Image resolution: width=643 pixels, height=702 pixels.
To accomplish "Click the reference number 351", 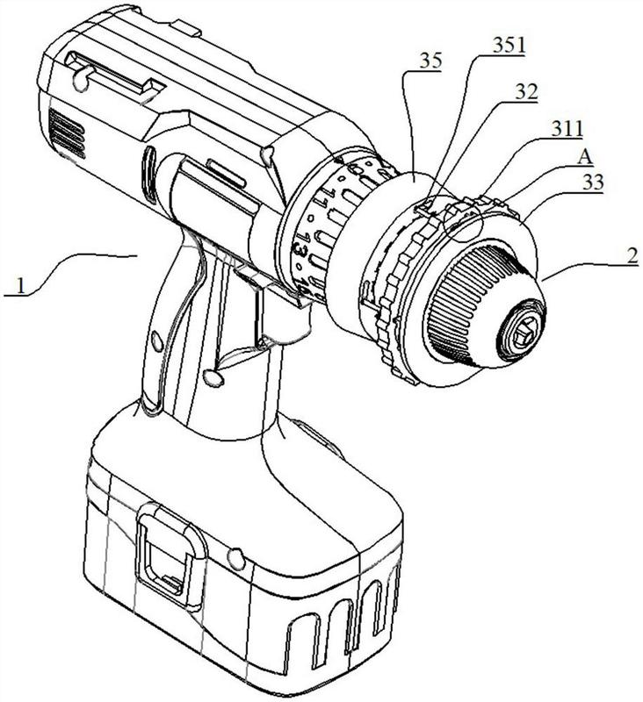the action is point(509,46).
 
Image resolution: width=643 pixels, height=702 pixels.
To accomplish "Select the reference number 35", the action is point(430,61).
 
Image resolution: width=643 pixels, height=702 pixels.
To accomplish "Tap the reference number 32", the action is point(526,92).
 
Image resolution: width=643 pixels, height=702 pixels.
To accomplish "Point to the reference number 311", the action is point(567,129).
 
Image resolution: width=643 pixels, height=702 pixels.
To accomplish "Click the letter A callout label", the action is point(585,158).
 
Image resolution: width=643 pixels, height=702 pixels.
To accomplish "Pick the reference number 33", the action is point(592,183).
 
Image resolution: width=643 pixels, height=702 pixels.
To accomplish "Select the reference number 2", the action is point(632,256).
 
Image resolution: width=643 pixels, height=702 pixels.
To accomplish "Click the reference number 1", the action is point(20,285).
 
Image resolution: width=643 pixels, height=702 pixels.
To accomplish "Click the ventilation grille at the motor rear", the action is point(67,133).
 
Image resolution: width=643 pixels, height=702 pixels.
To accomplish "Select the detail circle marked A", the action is point(461,220).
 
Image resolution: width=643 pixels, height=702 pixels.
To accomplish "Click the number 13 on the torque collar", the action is point(301,247).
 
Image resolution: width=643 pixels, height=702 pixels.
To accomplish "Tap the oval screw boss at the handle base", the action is point(213,377).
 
